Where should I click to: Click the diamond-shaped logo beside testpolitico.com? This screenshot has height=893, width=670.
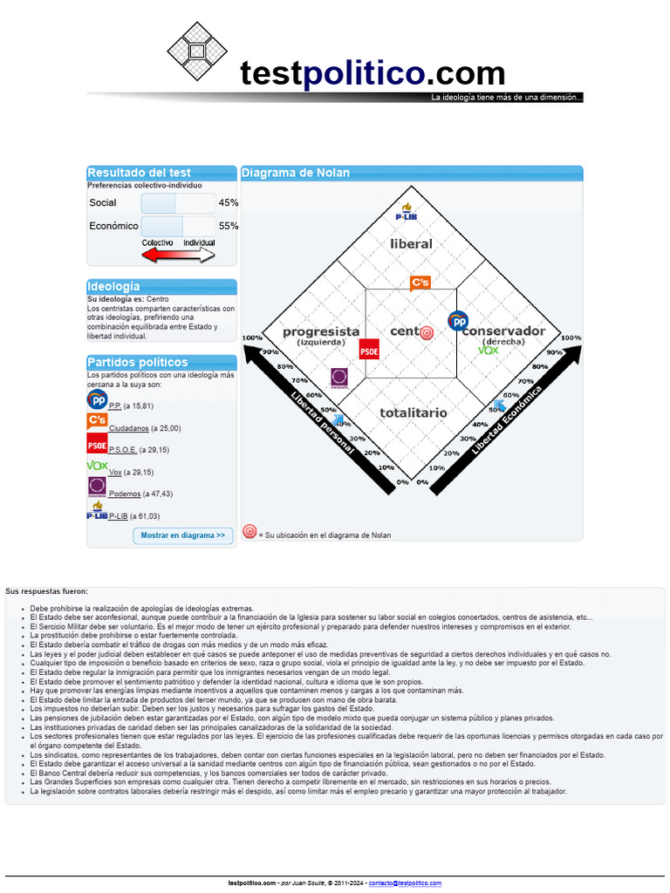click(196, 51)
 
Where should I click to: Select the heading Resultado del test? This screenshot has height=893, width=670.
click(139, 173)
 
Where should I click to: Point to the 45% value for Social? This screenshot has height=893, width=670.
click(229, 202)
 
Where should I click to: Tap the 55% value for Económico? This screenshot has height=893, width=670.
click(229, 226)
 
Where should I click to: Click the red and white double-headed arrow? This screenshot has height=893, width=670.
click(178, 254)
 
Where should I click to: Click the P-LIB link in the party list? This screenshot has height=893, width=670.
click(118, 516)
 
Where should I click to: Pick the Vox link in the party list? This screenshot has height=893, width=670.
click(115, 472)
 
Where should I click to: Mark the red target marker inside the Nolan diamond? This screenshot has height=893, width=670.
click(427, 332)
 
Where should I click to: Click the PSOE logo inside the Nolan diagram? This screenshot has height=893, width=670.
click(369, 349)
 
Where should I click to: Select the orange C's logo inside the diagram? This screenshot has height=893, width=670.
click(420, 283)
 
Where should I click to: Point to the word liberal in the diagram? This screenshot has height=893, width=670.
click(411, 243)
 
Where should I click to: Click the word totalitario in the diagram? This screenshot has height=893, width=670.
click(414, 412)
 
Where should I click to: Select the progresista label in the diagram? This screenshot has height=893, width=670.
click(321, 331)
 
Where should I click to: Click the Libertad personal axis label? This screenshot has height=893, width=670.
click(323, 422)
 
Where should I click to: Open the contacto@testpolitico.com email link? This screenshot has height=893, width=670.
click(405, 883)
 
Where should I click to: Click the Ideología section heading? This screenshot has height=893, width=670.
click(113, 286)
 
